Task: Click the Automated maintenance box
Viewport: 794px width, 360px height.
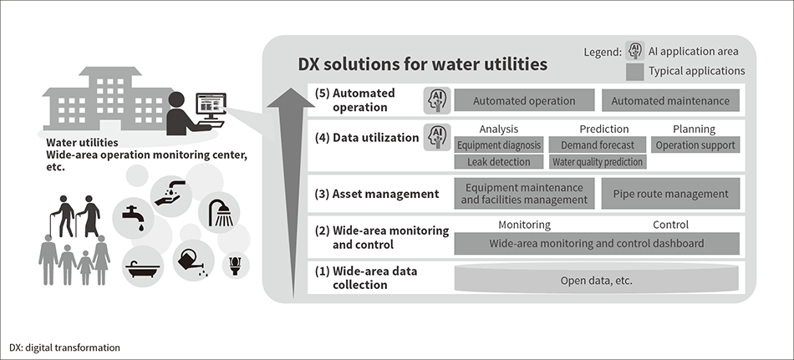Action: click(x=670, y=101)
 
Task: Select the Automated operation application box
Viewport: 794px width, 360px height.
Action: click(x=524, y=101)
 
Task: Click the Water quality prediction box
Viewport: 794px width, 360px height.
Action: click(x=598, y=162)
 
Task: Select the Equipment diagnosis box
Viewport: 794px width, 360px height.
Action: click(x=500, y=145)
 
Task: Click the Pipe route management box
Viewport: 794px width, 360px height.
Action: click(x=670, y=194)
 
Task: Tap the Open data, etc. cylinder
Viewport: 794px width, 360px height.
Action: click(x=596, y=280)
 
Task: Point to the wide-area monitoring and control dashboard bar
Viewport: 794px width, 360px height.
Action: click(x=596, y=243)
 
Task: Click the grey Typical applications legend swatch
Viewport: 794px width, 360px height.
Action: click(x=634, y=72)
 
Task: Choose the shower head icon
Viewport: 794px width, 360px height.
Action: click(x=220, y=212)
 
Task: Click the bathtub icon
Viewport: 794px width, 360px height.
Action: click(x=141, y=268)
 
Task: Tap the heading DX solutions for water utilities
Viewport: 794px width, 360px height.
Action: click(x=423, y=63)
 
